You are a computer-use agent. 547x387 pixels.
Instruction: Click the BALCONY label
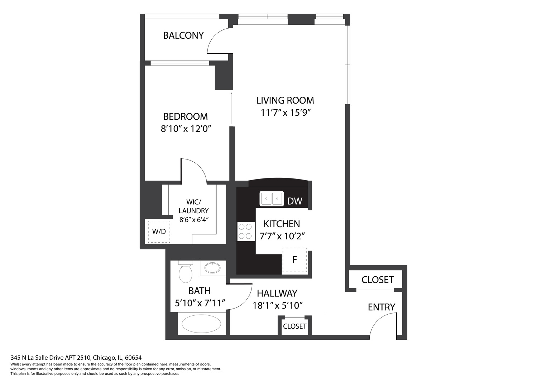pyautogui.click(x=183, y=35)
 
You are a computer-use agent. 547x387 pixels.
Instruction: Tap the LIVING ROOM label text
pyautogui.click(x=285, y=100)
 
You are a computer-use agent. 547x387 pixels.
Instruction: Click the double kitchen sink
pyautogui.click(x=271, y=199)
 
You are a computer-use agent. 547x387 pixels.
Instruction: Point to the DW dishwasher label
pyautogui.click(x=294, y=201)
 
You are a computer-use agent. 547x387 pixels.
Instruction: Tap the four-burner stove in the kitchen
pyautogui.click(x=246, y=231)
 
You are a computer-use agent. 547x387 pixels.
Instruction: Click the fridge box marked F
pyautogui.click(x=294, y=260)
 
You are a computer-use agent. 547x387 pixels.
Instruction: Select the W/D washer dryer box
pyautogui.click(x=159, y=231)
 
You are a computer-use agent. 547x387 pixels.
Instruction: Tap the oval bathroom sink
pyautogui.click(x=212, y=268)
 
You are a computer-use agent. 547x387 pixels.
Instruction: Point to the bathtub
pyautogui.click(x=202, y=324)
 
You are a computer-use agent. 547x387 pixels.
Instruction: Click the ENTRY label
pyautogui.click(x=381, y=307)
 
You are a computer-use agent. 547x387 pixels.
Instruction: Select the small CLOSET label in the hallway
pyautogui.click(x=294, y=326)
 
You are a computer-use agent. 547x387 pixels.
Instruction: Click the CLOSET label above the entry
pyautogui.click(x=377, y=280)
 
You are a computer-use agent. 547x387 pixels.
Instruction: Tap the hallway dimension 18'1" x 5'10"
pyautogui.click(x=278, y=306)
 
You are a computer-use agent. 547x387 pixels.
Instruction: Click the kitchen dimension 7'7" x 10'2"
pyautogui.click(x=282, y=236)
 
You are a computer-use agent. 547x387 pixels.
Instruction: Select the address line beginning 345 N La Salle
pyautogui.click(x=76, y=358)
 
